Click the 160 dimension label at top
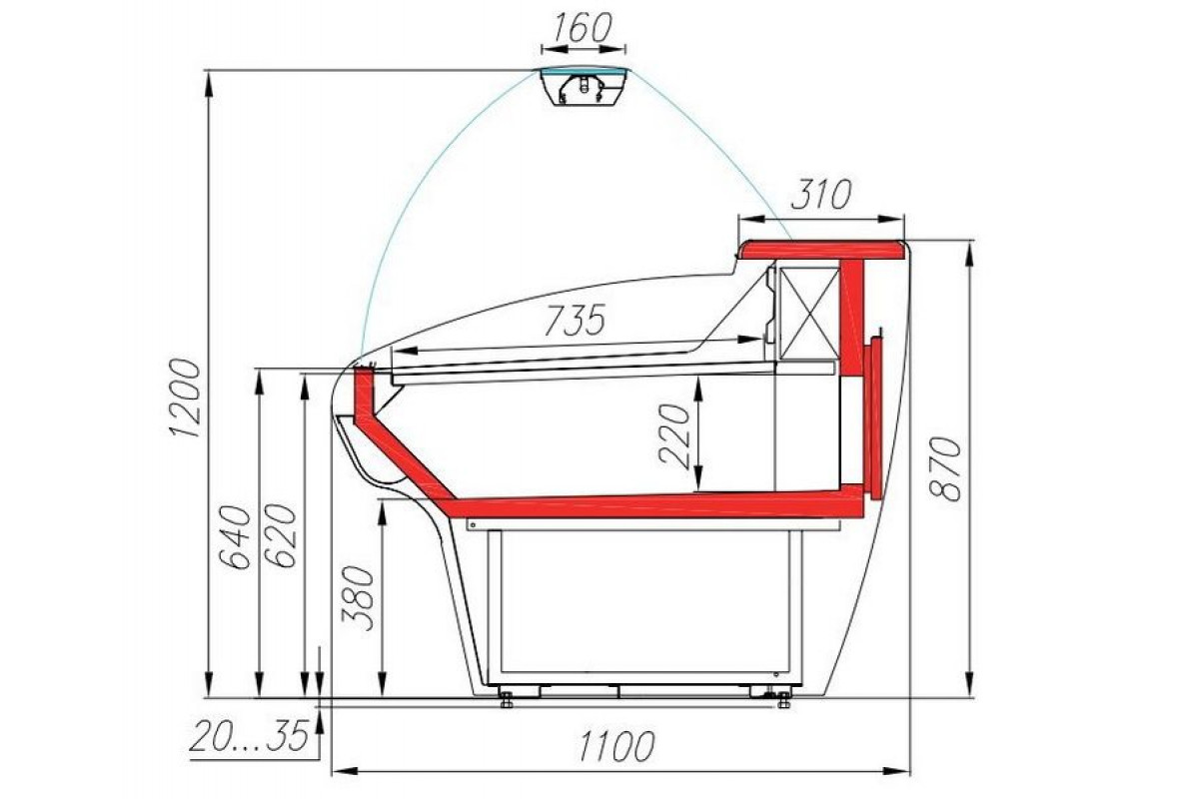pos(582,28)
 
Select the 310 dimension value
pos(820,195)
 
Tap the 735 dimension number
pos(575,320)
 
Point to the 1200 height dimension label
pos(185,399)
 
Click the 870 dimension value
pos(945,468)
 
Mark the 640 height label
pos(235,536)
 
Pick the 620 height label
pos(281,535)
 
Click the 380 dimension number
pos(358,598)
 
